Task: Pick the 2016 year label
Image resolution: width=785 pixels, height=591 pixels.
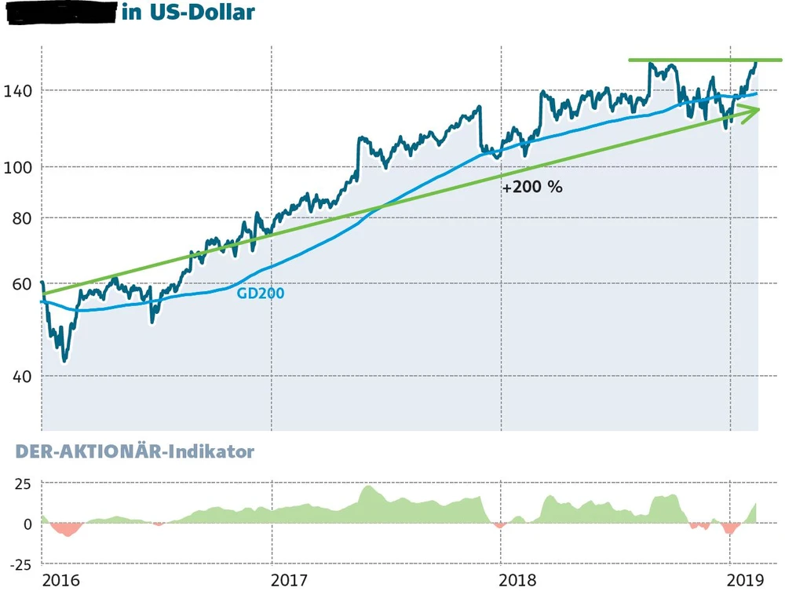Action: pos(61,580)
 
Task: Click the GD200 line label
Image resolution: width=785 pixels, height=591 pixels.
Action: pos(260,293)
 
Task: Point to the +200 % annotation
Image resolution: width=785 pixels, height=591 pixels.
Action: pos(533,188)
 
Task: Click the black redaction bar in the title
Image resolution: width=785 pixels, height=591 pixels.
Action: pos(61,14)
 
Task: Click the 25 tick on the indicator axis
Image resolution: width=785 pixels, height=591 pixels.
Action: pos(21,483)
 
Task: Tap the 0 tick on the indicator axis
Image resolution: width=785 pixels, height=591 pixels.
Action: pos(27,524)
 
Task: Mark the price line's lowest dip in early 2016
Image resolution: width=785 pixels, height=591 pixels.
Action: pos(64,360)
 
